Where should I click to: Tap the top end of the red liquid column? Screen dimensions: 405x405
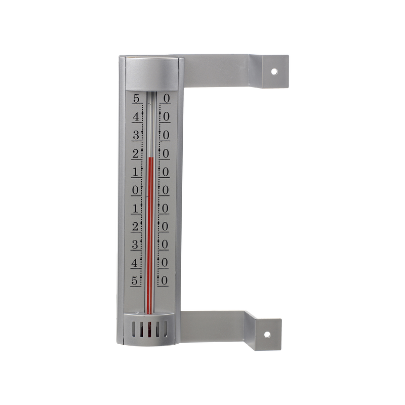pyautogui.click(x=150, y=158)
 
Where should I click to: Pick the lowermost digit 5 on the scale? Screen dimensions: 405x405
pyautogui.click(x=135, y=280)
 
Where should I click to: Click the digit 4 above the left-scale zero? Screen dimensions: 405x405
pyautogui.click(x=135, y=116)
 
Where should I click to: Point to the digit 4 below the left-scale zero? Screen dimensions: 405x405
pyautogui.click(x=135, y=262)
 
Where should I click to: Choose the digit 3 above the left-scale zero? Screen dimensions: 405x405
pyautogui.click(x=135, y=135)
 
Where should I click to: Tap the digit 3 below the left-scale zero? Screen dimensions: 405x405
pyautogui.click(x=135, y=244)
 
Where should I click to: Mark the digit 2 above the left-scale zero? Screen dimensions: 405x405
pyautogui.click(x=135, y=153)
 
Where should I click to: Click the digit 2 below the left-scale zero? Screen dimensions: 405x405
pyautogui.click(x=135, y=226)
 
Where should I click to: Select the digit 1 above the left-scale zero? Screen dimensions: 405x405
pyautogui.click(x=135, y=171)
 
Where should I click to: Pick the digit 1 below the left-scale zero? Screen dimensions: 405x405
pyautogui.click(x=135, y=208)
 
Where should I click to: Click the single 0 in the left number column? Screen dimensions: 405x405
pyautogui.click(x=135, y=190)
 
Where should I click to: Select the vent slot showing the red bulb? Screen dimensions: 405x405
pyautogui.click(x=150, y=330)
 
